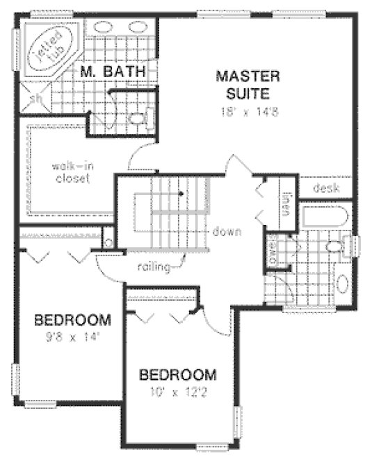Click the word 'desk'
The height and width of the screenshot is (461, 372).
click(325, 187)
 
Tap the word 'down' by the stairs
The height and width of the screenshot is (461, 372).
click(227, 232)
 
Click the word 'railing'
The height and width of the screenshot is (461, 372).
click(154, 267)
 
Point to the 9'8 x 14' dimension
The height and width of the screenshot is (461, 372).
click(72, 339)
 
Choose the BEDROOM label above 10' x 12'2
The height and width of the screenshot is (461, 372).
click(177, 375)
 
